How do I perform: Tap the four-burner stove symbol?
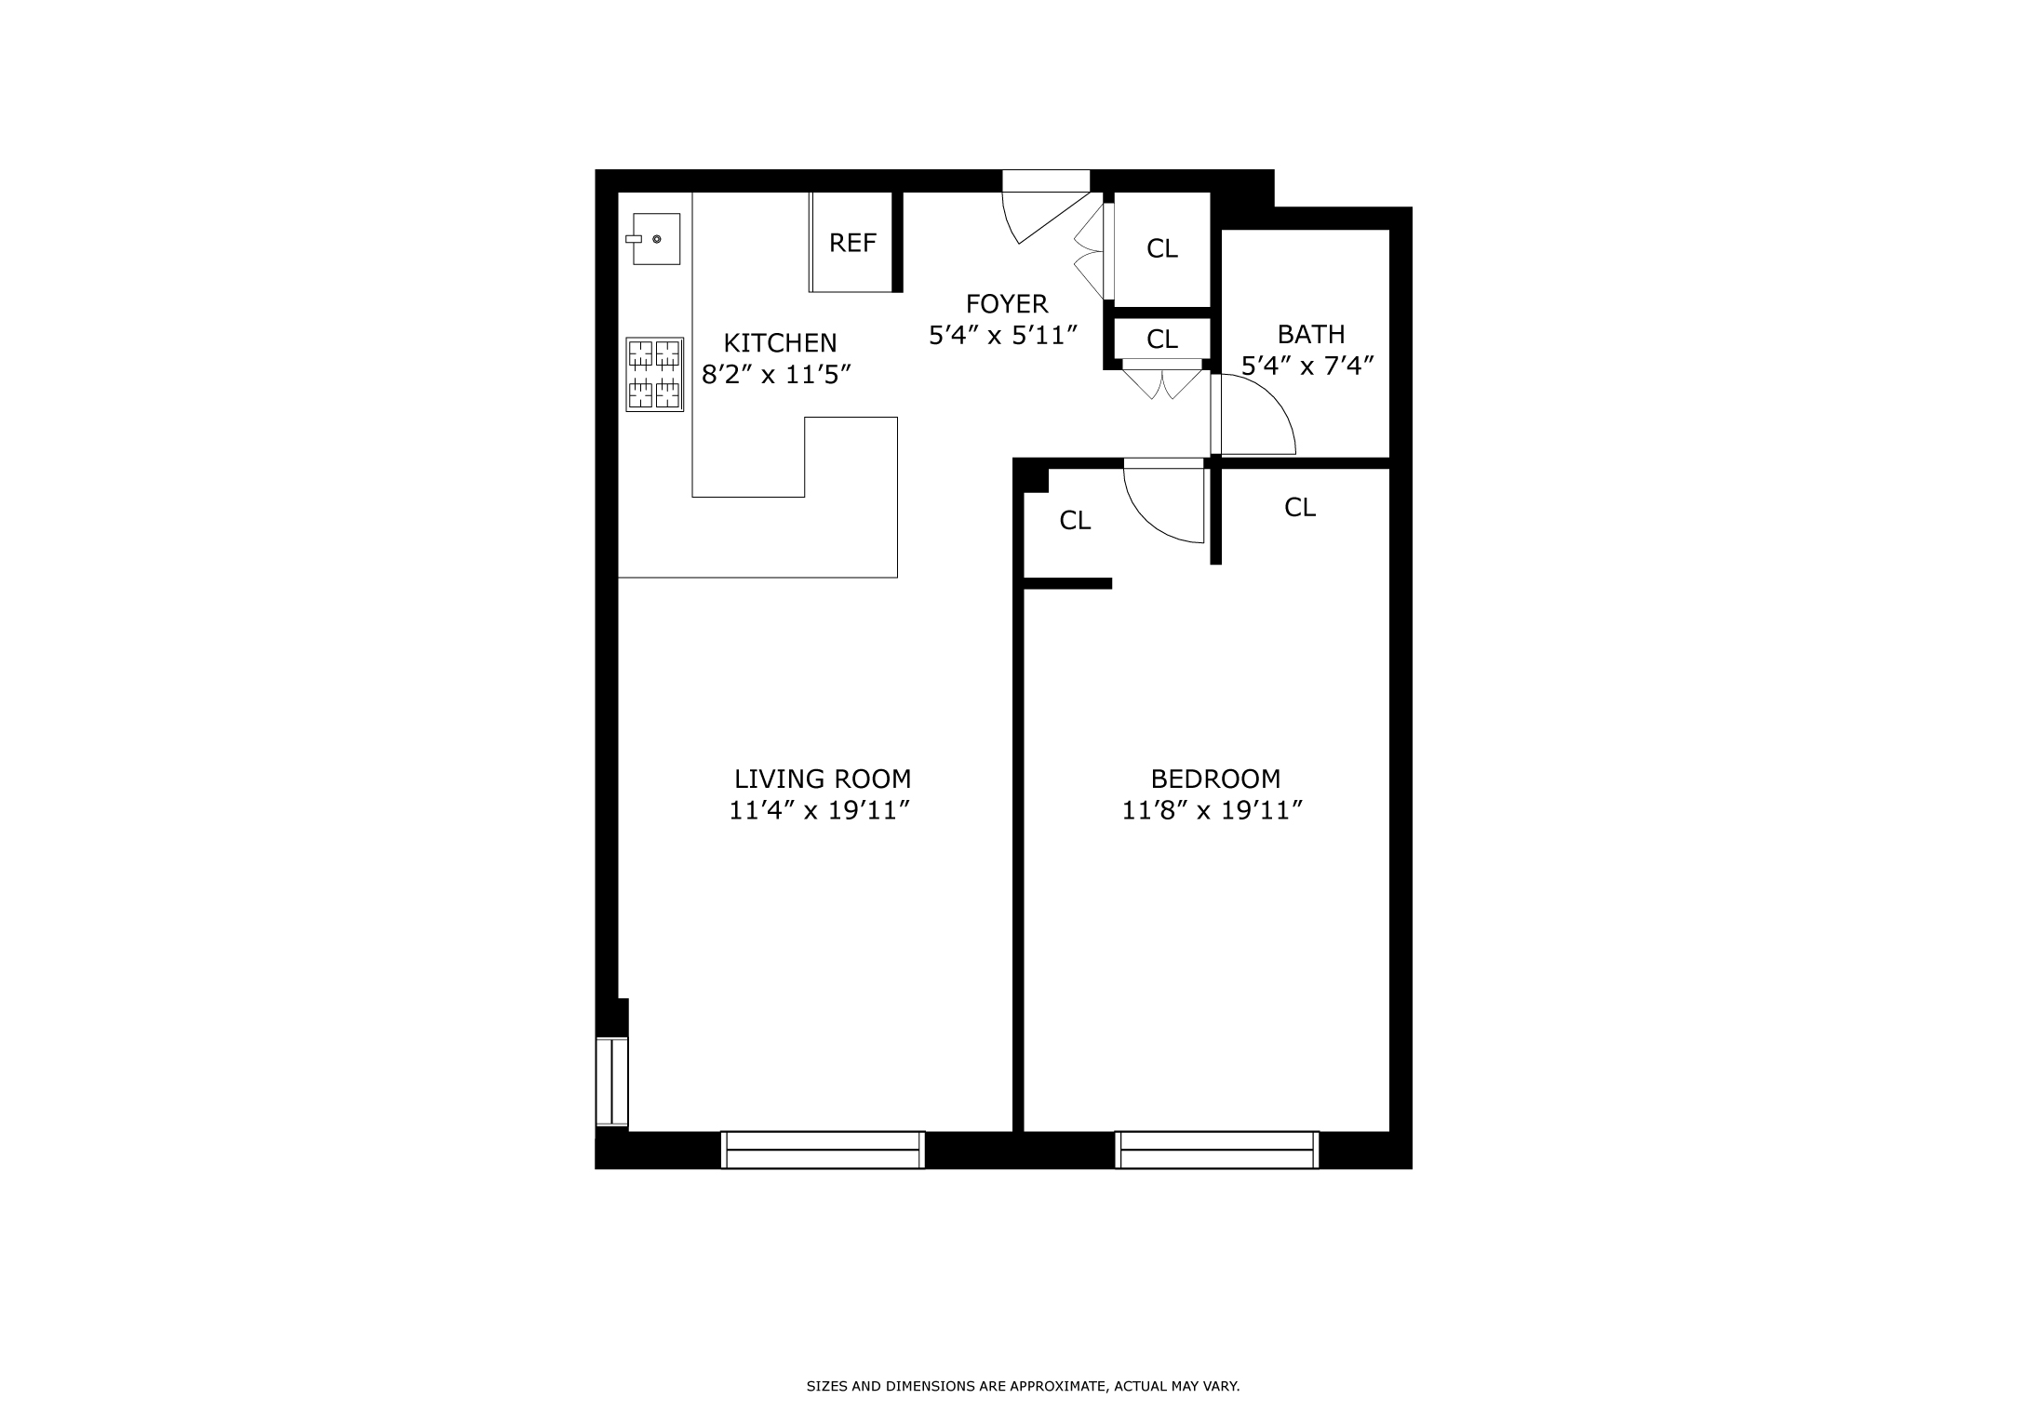coord(654,375)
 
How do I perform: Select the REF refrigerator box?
coord(852,243)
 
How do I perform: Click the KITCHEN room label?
coord(780,343)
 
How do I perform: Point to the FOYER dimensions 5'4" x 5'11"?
coord(1003,335)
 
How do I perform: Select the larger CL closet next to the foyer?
coord(1161,248)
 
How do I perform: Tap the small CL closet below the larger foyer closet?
coord(1161,340)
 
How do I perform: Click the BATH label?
coord(1310,334)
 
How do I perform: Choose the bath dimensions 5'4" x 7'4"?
coord(1307,366)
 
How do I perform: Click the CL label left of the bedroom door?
coord(1075,521)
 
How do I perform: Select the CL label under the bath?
coord(1299,508)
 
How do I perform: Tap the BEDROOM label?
coord(1215,779)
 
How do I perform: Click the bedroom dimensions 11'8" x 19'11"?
coord(1211,811)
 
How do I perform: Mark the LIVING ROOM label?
coord(823,779)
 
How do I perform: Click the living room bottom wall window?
coord(823,1150)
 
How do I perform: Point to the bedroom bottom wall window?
coord(1216,1150)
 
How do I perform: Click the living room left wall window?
coord(612,1082)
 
